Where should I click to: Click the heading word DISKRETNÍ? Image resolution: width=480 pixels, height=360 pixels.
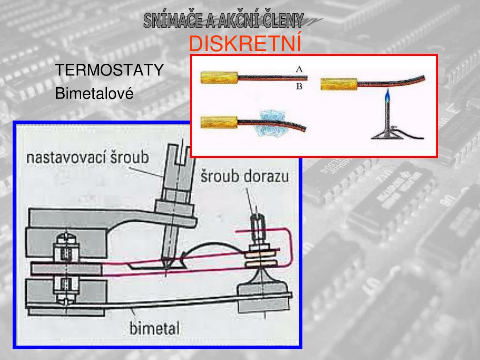pyautogui.click(x=245, y=44)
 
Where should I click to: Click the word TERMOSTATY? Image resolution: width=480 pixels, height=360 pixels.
pyautogui.click(x=110, y=70)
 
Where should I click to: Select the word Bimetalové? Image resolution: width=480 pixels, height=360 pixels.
pyautogui.click(x=94, y=94)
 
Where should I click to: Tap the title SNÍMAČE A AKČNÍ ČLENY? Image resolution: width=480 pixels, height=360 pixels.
pyautogui.click(x=224, y=21)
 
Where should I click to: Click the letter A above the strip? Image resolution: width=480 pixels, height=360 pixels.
pyautogui.click(x=299, y=69)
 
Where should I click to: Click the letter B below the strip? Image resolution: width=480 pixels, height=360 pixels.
pyautogui.click(x=299, y=87)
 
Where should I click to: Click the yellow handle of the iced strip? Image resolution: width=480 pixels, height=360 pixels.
pyautogui.click(x=219, y=123)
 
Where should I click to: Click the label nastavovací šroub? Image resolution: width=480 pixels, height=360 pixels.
pyautogui.click(x=87, y=157)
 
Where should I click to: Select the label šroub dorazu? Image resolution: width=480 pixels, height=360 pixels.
pyautogui.click(x=245, y=177)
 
